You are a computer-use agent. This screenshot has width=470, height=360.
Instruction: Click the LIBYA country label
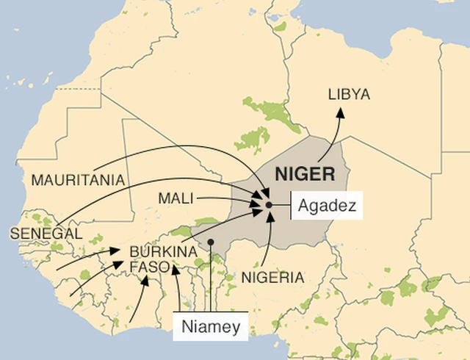click(x=349, y=95)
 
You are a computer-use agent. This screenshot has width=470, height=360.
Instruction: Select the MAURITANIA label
click(x=78, y=179)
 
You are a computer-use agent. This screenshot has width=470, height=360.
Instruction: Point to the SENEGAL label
click(x=46, y=233)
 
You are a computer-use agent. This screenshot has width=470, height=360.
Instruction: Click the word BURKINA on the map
click(x=163, y=251)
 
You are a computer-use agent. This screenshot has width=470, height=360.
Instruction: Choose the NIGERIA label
click(x=272, y=278)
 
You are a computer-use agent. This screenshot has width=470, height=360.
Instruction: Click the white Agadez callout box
click(x=328, y=205)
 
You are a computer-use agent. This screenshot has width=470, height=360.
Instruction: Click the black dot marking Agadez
click(x=270, y=204)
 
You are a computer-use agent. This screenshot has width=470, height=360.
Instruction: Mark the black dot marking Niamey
click(x=211, y=242)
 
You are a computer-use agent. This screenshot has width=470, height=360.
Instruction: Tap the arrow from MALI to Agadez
click(x=228, y=198)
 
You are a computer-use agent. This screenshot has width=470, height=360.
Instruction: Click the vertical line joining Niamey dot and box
click(x=211, y=279)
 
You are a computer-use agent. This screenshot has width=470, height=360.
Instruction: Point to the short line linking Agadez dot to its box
click(x=282, y=204)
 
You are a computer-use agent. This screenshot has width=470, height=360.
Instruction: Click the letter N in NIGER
click(x=281, y=175)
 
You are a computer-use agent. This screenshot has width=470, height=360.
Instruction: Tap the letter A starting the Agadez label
click(x=304, y=205)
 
